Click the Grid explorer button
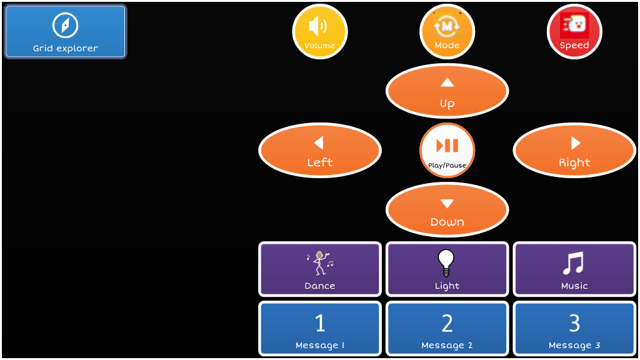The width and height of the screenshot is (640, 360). click(65, 32)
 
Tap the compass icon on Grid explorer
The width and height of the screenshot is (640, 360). click(65, 25)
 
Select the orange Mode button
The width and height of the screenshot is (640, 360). click(447, 31)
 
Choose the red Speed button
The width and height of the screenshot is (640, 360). click(574, 31)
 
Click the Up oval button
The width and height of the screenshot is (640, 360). click(447, 91)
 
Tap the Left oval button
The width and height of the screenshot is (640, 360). click(319, 151)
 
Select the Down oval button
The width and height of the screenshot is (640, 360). click(447, 209)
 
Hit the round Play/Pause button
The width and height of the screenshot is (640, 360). click(447, 150)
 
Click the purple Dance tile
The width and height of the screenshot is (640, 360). click(319, 269)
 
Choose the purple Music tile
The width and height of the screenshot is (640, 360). click(574, 269)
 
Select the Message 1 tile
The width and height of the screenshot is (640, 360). click(319, 329)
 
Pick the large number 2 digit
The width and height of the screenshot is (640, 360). click(447, 323)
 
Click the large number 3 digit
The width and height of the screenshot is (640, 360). click(574, 323)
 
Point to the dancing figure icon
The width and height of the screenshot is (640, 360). click(320, 263)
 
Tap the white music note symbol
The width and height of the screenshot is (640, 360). click(573, 263)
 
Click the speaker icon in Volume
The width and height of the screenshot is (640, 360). click(318, 26)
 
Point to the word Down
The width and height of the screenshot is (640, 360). click(447, 222)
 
